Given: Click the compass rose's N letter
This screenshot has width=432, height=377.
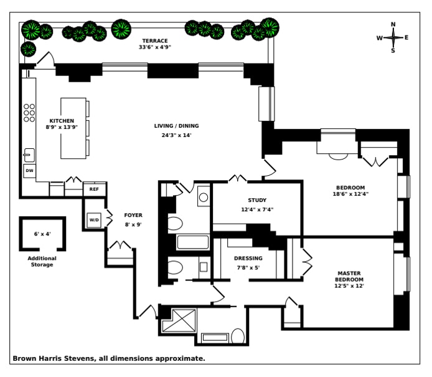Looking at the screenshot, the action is click(393, 25).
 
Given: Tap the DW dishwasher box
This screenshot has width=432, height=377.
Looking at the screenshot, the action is click(29, 170).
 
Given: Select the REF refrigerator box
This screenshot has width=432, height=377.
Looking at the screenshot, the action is click(94, 188).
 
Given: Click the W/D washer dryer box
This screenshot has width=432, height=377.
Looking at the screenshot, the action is click(94, 220).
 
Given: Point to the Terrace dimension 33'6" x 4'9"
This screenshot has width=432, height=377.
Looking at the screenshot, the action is click(155, 47).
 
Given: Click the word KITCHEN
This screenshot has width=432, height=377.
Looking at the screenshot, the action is click(62, 120).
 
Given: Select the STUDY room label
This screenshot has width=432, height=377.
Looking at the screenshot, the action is click(257, 200).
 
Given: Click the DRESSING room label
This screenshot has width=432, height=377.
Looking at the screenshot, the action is click(248, 258).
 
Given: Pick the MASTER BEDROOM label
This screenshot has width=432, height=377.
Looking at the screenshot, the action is click(350, 276).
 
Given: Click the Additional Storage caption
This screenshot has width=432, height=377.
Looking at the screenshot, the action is click(42, 261).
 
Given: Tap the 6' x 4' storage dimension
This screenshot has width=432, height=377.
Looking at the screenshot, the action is click(42, 234).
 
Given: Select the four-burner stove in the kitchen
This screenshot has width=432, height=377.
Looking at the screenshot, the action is click(29, 112).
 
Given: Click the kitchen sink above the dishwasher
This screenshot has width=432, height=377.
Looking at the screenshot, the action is click(29, 155).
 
